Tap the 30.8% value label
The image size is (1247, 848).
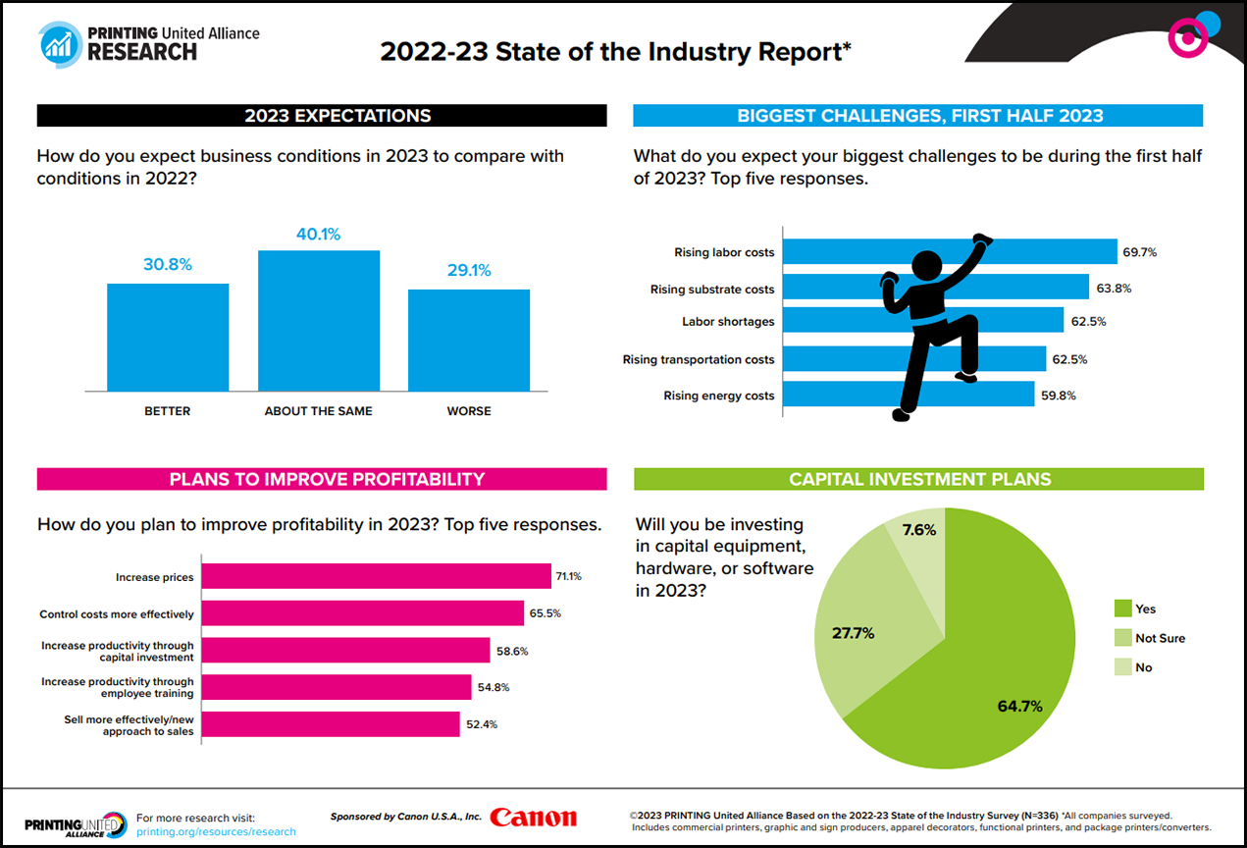tap(168, 265)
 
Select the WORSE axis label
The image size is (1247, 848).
tap(469, 411)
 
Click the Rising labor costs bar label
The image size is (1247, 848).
tap(724, 252)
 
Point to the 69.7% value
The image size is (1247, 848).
tap(1139, 252)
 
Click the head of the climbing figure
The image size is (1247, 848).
tap(927, 268)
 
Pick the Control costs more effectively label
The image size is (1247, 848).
tap(117, 614)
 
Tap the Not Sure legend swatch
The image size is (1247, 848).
tap(1121, 638)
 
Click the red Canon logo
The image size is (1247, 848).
tap(534, 818)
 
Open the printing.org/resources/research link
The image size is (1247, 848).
tap(216, 831)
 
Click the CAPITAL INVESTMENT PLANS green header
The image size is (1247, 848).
tap(918, 479)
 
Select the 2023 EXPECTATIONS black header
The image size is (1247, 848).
tap(322, 116)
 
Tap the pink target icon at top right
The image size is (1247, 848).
tap(1187, 37)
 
